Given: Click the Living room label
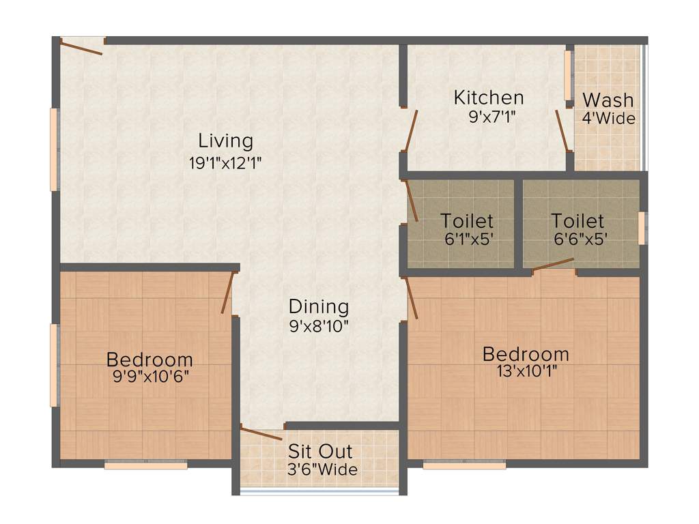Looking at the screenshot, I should [226, 141].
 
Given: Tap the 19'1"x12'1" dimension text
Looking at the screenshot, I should [226, 162].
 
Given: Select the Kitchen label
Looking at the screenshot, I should [489, 98].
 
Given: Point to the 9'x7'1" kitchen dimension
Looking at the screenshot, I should [489, 116].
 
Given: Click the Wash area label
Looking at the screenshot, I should [608, 100].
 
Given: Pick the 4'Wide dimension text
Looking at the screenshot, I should [608, 118].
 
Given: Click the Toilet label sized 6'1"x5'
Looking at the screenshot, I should [467, 221].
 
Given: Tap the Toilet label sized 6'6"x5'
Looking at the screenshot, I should [577, 221].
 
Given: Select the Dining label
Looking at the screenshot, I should [319, 307].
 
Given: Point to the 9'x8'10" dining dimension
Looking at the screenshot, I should [319, 325].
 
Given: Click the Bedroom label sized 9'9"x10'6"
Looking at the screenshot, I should [149, 359].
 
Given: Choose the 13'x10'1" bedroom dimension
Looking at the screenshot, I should [526, 372].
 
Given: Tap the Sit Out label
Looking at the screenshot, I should [320, 451].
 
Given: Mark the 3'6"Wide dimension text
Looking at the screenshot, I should [322, 469].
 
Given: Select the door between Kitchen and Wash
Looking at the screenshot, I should [562, 130].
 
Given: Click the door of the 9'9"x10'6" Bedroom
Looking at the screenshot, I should [228, 292].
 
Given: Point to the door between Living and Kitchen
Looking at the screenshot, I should [410, 130].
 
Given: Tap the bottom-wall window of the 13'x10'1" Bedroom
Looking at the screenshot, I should [464, 465].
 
